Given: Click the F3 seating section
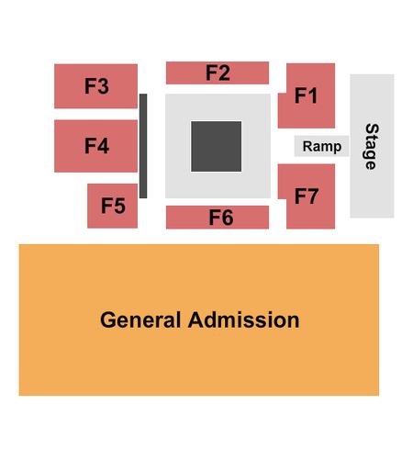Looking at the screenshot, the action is (95, 86).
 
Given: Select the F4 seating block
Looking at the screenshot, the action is (95, 146).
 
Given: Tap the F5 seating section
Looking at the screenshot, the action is (112, 206).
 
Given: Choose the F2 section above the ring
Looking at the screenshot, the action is (218, 73).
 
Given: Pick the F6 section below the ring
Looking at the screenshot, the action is (218, 218).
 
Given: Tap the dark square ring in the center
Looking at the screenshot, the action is (217, 146).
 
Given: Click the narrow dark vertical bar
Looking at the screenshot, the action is (143, 146).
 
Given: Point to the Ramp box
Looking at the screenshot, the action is (321, 146).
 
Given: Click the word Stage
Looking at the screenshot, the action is (372, 147).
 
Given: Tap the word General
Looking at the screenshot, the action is (140, 320).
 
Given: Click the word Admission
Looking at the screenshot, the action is (244, 320).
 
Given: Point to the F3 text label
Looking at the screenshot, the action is (96, 86).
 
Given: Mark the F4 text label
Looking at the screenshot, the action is (96, 146).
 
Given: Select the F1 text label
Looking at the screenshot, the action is (306, 95).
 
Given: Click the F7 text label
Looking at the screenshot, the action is (307, 196).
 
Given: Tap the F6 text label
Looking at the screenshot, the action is (221, 218).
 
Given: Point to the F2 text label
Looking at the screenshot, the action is (218, 73).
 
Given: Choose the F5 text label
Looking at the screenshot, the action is (113, 206).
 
